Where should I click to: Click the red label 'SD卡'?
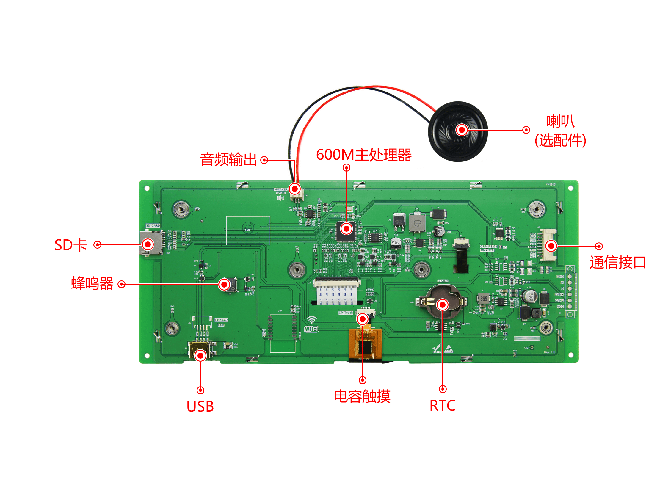[x=71, y=245]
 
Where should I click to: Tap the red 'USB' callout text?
[x=200, y=406]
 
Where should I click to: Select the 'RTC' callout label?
[x=443, y=406]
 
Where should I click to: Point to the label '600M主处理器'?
[x=364, y=155]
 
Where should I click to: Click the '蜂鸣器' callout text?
[x=92, y=284]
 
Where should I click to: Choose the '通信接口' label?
[x=618, y=262]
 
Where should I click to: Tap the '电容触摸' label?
[x=362, y=396]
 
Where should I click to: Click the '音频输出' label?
[x=228, y=160]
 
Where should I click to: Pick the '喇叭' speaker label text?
[x=561, y=122]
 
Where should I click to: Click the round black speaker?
[x=458, y=131]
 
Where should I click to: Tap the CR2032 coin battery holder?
[x=443, y=302]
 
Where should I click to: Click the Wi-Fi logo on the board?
[x=312, y=325]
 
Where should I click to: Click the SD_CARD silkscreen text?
[x=153, y=225]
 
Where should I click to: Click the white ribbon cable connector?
[x=337, y=282]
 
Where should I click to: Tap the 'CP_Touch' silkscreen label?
[x=346, y=313]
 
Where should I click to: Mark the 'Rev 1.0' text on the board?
[x=549, y=352]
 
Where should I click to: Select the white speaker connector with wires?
[x=296, y=195]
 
